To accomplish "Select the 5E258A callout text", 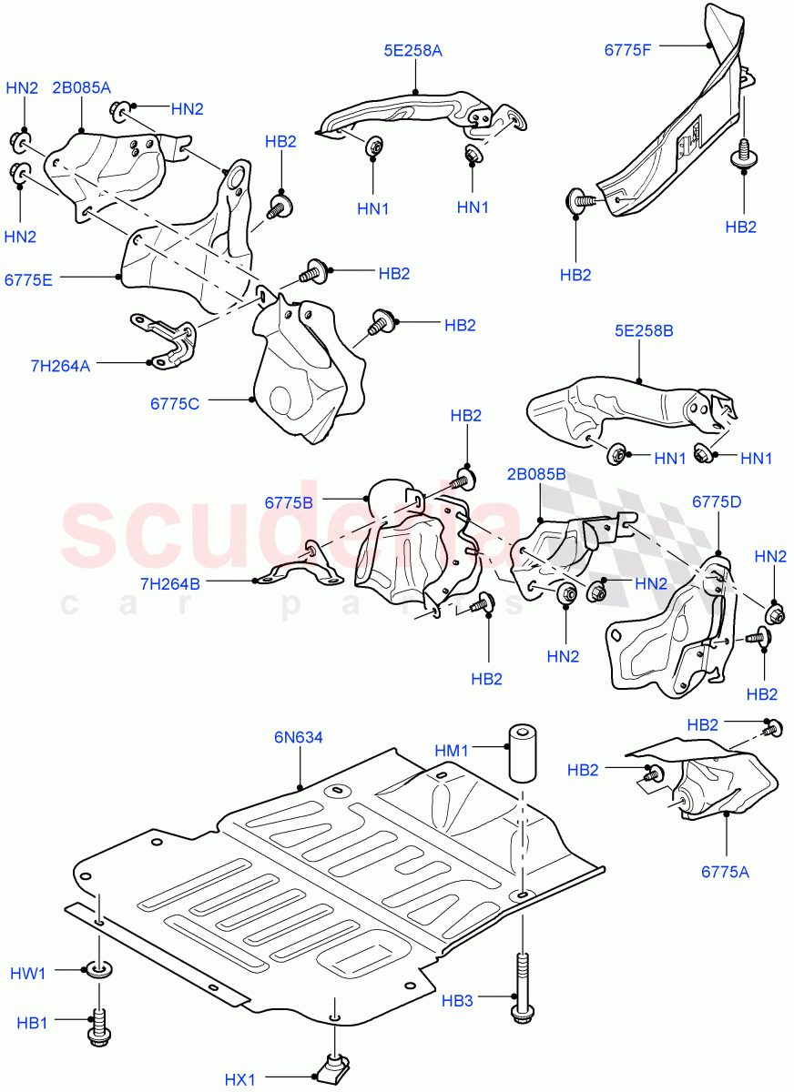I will [412, 51].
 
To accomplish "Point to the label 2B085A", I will [81, 87].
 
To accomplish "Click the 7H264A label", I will [60, 366].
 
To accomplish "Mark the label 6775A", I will [725, 871].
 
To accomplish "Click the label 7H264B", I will [169, 583].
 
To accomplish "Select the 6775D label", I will [717, 502].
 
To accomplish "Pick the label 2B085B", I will [536, 473].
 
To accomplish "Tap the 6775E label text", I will [28, 279].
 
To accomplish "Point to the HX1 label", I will [240, 1080].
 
